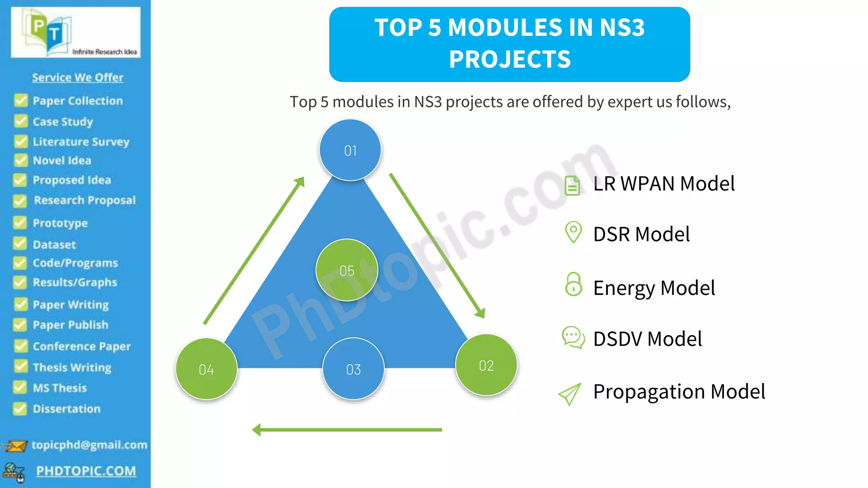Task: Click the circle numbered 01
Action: (350, 150)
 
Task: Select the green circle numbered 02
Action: (486, 365)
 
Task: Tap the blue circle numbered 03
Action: (353, 369)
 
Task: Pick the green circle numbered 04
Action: (206, 369)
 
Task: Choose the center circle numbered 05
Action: (347, 270)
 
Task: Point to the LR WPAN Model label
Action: (664, 184)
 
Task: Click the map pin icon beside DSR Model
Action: (573, 232)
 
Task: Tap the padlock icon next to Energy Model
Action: (573, 284)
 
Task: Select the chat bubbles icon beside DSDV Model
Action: (573, 337)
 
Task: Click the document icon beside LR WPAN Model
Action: (572, 186)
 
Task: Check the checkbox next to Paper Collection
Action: (21, 100)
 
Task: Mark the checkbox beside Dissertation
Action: (19, 408)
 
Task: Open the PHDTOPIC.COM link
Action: (86, 471)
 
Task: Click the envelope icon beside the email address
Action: (16, 446)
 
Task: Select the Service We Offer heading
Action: (78, 77)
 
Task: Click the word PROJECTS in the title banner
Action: (510, 59)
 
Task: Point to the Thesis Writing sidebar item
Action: (72, 367)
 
